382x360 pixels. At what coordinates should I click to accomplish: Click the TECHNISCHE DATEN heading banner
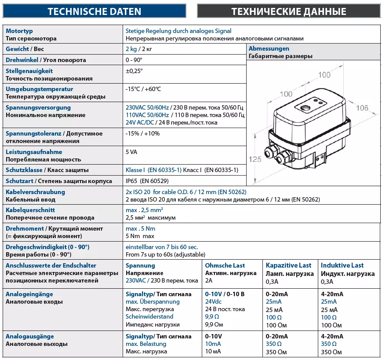pos(95,11)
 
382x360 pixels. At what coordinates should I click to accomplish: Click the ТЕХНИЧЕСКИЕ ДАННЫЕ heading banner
pos(289,11)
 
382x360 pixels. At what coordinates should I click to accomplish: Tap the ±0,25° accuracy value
pos(134,71)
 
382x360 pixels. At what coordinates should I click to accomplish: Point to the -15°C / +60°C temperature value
pos(143,89)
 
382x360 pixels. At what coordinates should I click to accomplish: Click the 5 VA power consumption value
pos(131,152)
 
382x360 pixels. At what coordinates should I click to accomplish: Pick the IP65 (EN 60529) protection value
pos(147,181)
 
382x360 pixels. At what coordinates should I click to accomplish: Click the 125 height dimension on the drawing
pos(255,159)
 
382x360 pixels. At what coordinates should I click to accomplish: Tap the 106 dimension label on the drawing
pos(362,108)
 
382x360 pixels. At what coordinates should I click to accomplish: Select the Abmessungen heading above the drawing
pos(269,49)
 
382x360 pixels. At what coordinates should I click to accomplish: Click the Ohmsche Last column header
pos(225,265)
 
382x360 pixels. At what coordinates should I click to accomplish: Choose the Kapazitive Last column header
pos(288,265)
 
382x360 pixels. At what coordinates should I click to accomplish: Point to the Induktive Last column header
pos(342,265)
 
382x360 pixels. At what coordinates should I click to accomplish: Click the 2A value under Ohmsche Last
pos(209,281)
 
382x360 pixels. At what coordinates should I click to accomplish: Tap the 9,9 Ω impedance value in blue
pos(212,317)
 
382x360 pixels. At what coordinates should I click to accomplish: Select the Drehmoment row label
pos(25,228)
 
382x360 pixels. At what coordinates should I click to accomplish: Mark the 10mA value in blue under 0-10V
pos(213,344)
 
